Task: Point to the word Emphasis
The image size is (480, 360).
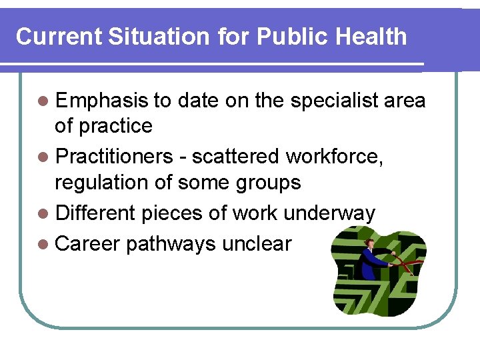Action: [101, 101]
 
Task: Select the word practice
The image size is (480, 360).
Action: [116, 126]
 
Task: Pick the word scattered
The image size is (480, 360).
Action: [237, 157]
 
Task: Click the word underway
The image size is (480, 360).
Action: [329, 214]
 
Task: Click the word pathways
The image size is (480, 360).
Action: [170, 244]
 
